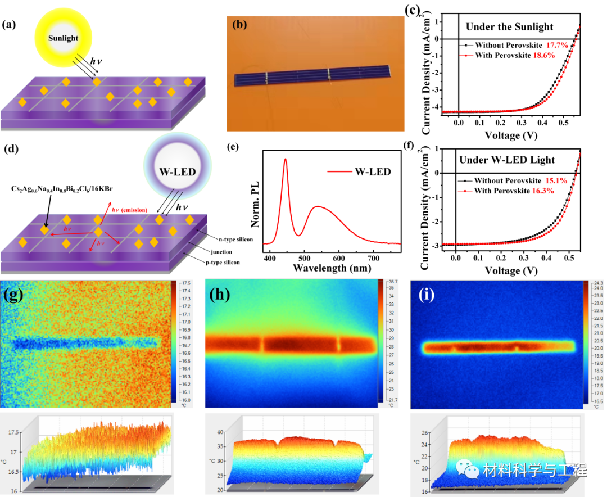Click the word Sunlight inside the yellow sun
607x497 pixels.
pyautogui.click(x=63, y=38)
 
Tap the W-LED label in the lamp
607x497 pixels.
pyautogui.click(x=177, y=171)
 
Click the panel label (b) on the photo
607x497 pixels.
pyautogui.click(x=239, y=25)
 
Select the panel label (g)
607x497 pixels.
pyautogui.click(x=13, y=295)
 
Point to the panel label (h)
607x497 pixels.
pyautogui.click(x=219, y=295)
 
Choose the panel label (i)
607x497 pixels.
pyautogui.click(x=427, y=295)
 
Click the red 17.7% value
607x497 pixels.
pyautogui.click(x=557, y=44)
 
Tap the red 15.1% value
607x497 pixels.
pyautogui.click(x=556, y=180)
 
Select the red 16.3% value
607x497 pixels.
pyautogui.click(x=542, y=191)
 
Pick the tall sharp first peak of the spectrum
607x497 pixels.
pyautogui.click(x=286, y=160)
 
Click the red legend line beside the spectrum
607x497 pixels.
pyautogui.click(x=339, y=171)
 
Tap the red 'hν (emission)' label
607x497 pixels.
pyautogui.click(x=130, y=210)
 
